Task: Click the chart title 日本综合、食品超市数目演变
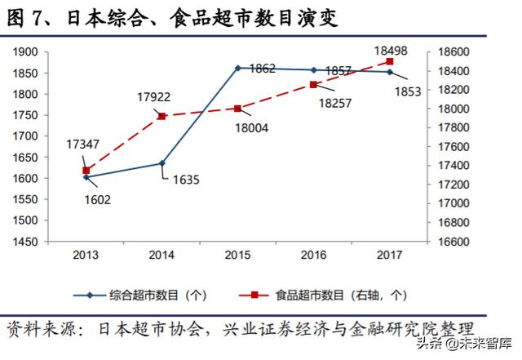(171, 18)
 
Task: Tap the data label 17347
(84, 144)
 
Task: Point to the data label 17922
(153, 97)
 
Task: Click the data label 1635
(186, 179)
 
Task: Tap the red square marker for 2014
(161, 116)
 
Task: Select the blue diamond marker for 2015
(237, 68)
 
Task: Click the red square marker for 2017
(390, 62)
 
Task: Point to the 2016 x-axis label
(314, 256)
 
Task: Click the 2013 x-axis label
(86, 256)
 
